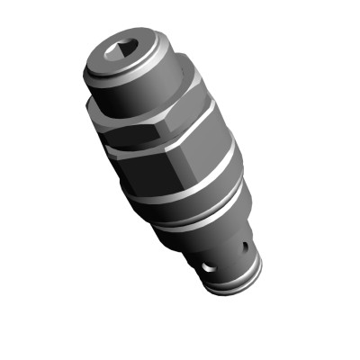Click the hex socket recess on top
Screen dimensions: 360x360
point(124,53)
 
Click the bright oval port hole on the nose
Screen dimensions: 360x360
point(208,267)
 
